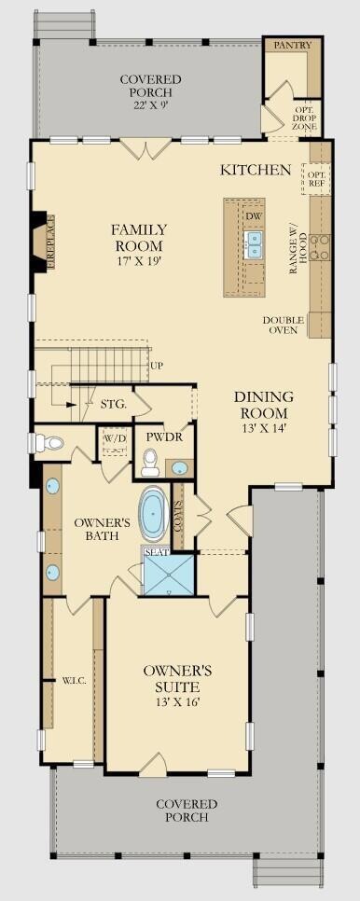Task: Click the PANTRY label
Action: [292, 45]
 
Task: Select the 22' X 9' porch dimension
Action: [150, 105]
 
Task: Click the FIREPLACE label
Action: [50, 242]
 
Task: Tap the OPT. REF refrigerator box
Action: [316, 179]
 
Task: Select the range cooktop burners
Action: [320, 247]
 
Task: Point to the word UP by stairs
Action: [156, 365]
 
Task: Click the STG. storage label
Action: [113, 404]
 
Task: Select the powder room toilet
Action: [151, 464]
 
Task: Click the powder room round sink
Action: [180, 467]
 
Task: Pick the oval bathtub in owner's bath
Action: [153, 514]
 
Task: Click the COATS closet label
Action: [179, 516]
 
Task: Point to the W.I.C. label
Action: [75, 680]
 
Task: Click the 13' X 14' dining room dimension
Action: [264, 427]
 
